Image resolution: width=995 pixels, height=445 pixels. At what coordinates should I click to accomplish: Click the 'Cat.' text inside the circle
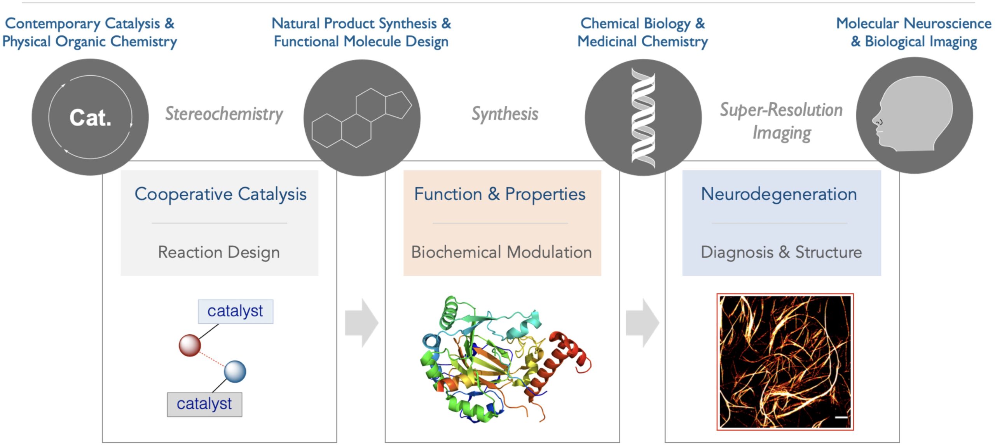click(90, 117)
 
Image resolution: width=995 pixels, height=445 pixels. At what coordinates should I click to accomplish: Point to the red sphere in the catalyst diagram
click(190, 345)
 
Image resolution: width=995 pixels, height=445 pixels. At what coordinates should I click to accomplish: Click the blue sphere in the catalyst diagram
click(235, 372)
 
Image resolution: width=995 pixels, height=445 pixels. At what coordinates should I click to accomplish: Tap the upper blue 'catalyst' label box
click(235, 311)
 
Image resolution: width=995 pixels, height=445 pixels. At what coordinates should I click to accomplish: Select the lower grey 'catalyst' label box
click(204, 404)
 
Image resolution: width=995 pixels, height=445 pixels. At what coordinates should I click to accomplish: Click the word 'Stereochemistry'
click(224, 114)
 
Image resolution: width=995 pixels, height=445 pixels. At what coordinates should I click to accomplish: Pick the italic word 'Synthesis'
click(504, 114)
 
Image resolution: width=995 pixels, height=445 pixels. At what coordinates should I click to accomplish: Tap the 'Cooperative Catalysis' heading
click(220, 194)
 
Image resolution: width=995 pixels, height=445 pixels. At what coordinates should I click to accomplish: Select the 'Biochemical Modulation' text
click(501, 252)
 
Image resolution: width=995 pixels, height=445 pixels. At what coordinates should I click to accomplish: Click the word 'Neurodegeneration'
click(779, 194)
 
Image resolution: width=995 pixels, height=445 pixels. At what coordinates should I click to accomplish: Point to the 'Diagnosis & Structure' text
click(781, 252)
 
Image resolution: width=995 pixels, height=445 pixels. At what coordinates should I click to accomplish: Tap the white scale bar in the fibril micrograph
click(841, 417)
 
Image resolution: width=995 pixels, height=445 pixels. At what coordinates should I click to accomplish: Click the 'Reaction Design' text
click(219, 252)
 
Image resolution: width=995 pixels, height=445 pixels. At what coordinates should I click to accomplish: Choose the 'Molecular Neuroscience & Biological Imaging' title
click(913, 33)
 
